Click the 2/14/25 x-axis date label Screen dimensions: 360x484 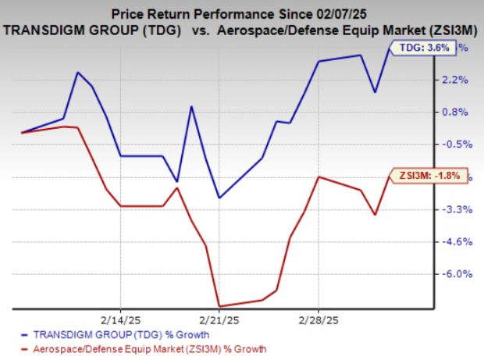click(120, 319)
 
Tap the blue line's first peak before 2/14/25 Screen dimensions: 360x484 click(77, 73)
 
